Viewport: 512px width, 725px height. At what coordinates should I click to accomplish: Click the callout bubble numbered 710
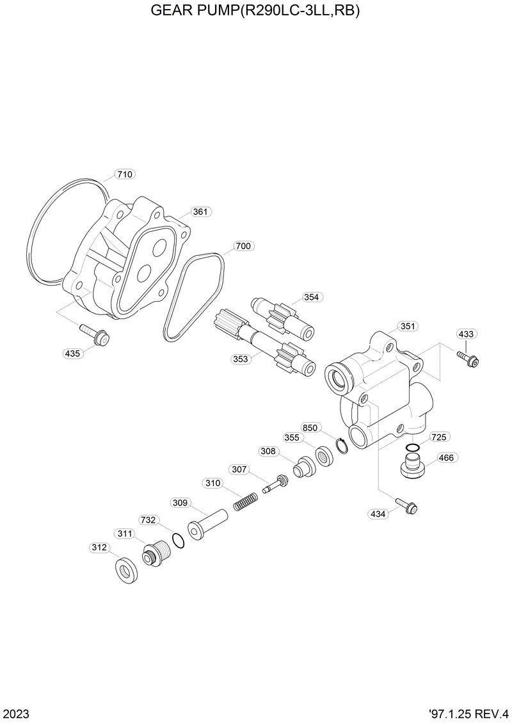point(125,174)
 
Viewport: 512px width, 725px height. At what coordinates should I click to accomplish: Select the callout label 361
point(201,212)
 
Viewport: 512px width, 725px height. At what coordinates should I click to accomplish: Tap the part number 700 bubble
point(243,246)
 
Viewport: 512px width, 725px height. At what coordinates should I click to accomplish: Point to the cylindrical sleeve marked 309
point(209,520)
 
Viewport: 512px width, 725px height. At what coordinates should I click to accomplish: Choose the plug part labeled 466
point(412,466)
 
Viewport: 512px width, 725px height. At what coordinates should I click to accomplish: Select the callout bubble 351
point(407,326)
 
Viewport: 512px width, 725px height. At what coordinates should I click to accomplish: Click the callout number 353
point(240,359)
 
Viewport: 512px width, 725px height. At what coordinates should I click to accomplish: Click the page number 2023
point(16,713)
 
